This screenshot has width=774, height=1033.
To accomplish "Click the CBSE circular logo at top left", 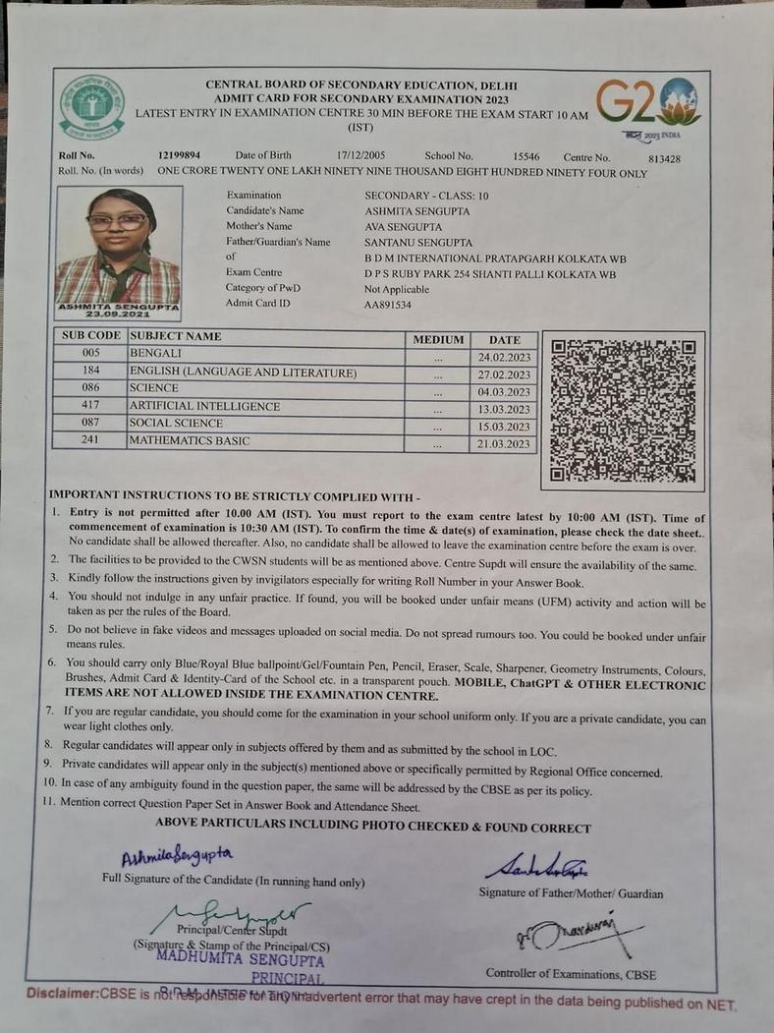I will (x=91, y=106).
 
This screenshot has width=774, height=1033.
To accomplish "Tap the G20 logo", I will (x=648, y=106).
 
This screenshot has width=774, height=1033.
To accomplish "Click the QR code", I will (x=623, y=411).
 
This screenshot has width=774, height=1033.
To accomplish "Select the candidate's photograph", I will (x=118, y=250).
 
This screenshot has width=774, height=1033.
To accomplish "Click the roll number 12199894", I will (x=179, y=156).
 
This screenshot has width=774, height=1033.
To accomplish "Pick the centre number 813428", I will (x=665, y=158).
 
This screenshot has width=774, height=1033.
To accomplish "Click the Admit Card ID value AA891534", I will (x=388, y=306).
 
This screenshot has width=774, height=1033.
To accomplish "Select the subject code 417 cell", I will (x=90, y=406).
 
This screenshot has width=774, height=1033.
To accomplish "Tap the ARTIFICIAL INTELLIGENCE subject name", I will (x=204, y=406).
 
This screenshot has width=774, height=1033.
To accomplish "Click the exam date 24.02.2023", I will (x=503, y=357).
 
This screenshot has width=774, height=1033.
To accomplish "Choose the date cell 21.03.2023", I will (x=503, y=444).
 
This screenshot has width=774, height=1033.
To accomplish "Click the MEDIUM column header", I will (x=438, y=339).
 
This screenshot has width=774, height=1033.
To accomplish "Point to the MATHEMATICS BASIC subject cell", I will (x=190, y=441).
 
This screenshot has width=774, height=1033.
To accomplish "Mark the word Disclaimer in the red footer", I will (x=62, y=993).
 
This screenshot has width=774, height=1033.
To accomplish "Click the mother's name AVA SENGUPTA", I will (x=403, y=227).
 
